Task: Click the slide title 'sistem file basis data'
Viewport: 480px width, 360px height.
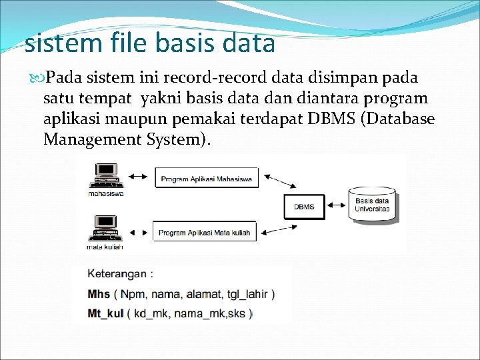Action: (x=149, y=44)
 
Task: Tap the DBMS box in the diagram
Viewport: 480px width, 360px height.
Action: (x=304, y=207)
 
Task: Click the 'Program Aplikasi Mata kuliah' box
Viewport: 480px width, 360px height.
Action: (x=205, y=233)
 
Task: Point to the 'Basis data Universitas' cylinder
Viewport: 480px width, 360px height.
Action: (x=372, y=205)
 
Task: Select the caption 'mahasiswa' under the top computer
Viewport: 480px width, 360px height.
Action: (x=105, y=193)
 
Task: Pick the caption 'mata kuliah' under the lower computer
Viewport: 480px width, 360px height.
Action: (x=105, y=247)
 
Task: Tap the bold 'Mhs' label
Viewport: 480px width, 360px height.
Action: (x=99, y=293)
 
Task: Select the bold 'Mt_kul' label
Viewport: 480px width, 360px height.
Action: (x=105, y=313)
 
